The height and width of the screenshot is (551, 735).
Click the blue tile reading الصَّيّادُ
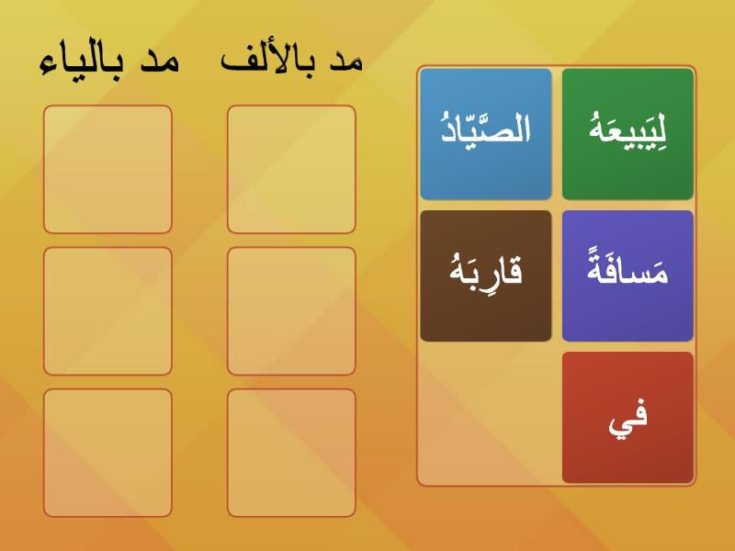point(486,134)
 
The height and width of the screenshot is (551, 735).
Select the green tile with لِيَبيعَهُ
point(628,134)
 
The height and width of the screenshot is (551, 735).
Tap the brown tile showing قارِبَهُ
point(486,276)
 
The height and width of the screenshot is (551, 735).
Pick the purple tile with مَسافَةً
point(628,276)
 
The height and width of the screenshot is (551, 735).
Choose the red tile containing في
point(628,418)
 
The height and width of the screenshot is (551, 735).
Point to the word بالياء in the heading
point(82,63)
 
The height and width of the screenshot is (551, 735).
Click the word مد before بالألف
point(346,61)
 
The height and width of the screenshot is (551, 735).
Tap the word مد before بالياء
point(160,62)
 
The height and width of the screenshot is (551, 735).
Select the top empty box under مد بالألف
point(291,169)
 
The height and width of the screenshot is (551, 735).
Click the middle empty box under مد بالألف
point(291,311)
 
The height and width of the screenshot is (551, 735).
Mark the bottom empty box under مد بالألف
point(291,453)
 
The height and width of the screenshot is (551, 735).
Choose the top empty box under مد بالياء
point(107,169)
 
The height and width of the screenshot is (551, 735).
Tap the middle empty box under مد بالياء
point(107,311)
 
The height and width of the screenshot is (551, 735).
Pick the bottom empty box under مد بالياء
point(107,453)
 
